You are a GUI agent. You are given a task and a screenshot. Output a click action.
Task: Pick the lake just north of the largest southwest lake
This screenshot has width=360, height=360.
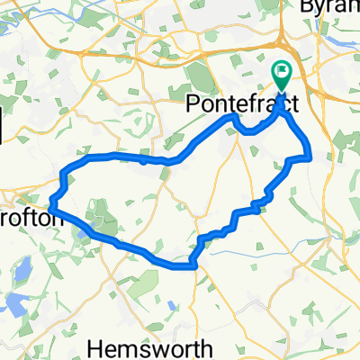click(x=23, y=268)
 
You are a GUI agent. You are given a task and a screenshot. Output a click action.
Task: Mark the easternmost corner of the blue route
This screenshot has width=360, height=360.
click(x=310, y=157)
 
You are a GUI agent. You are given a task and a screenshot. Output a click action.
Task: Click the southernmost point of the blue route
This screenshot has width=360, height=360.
click(x=191, y=266)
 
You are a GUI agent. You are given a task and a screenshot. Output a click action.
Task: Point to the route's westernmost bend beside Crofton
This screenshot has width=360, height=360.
click(x=50, y=206)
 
